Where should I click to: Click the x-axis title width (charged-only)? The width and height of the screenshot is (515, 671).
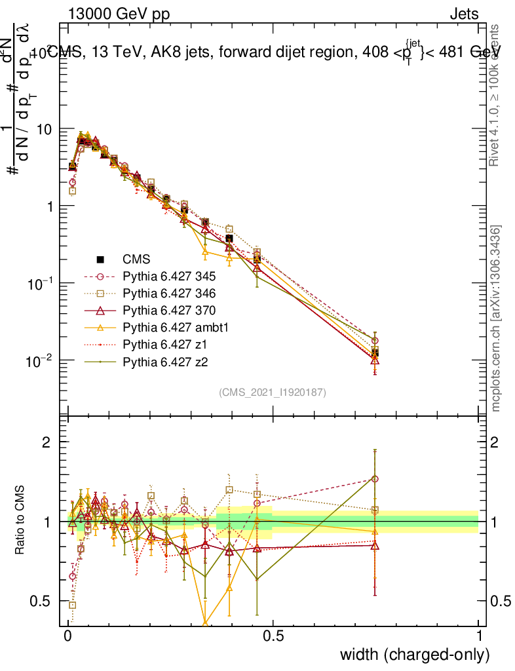click(415, 654)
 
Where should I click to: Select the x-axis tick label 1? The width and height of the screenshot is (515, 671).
click(479, 636)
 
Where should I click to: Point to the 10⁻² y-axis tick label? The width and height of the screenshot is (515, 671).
click(42, 360)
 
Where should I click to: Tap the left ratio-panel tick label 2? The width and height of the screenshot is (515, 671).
click(47, 442)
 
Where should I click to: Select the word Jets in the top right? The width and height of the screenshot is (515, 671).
click(464, 14)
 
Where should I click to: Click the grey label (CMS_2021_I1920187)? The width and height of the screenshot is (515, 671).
click(272, 392)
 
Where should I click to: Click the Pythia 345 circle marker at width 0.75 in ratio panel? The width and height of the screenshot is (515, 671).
click(375, 479)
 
